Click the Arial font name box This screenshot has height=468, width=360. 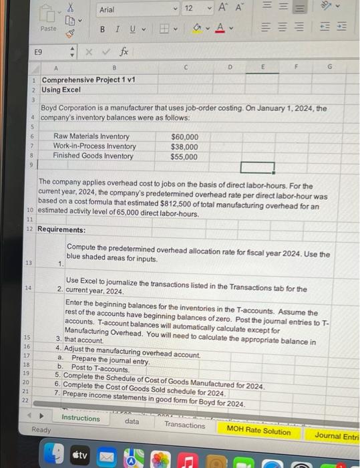pyautogui.click(x=134, y=10)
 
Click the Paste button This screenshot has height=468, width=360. pyautogui.click(x=48, y=29)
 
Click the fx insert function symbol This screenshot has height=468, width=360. pyautogui.click(x=124, y=51)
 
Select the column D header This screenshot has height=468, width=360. pyautogui.click(x=229, y=66)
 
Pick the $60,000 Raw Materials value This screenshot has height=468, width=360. pyautogui.click(x=184, y=137)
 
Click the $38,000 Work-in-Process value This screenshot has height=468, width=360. pyautogui.click(x=184, y=147)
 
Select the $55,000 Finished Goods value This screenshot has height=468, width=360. pyautogui.click(x=184, y=157)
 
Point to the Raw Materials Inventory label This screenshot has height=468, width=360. pyautogui.click(x=92, y=137)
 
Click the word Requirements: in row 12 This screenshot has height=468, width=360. pyautogui.click(x=61, y=229)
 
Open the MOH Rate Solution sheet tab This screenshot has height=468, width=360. pyautogui.click(x=258, y=431)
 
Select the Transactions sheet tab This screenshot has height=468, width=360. pyautogui.click(x=185, y=425)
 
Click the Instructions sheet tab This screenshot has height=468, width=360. pyautogui.click(x=80, y=419)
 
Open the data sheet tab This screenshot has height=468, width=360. pyautogui.click(x=132, y=421)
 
